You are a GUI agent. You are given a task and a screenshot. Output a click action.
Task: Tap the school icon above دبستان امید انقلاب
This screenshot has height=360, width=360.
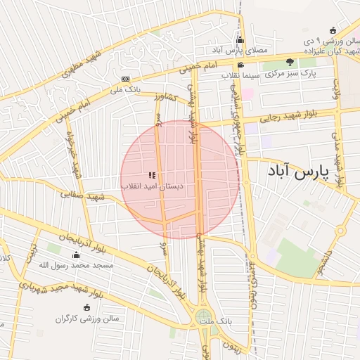(151, 175)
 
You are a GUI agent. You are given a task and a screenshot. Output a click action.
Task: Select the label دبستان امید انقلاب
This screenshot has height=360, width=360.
(152, 186)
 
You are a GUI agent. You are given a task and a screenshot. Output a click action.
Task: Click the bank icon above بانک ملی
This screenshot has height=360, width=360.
(126, 79)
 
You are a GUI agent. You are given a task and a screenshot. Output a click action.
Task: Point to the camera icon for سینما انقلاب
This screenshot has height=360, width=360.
(240, 65)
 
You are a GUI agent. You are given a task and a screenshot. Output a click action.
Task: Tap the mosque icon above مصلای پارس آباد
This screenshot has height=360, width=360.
(240, 40)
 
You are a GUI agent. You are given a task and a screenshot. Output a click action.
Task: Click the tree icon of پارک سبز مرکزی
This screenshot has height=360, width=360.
(290, 63)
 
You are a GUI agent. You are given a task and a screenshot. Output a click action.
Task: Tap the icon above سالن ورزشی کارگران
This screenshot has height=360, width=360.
(86, 307)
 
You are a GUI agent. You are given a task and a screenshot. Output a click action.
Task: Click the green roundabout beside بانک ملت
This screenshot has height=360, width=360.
(203, 319)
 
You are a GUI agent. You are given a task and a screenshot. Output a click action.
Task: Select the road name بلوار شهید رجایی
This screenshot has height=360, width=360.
(288, 116)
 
